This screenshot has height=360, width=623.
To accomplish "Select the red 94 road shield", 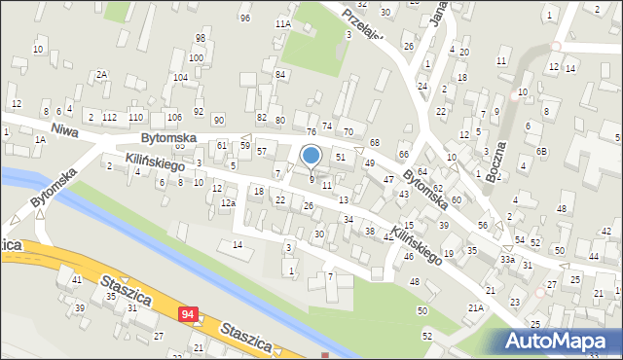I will (188, 314).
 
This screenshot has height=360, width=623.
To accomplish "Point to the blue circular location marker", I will (311, 155).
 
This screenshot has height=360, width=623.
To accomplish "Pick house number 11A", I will (283, 23).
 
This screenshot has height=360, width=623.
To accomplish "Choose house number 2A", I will (101, 74).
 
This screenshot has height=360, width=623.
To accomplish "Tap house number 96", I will (244, 18).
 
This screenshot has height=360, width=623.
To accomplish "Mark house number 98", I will (200, 38).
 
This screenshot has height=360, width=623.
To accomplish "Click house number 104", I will (180, 77).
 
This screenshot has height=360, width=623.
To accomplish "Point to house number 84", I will (279, 74).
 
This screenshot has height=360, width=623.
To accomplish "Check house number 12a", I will (228, 202).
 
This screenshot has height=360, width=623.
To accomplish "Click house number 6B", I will (543, 151).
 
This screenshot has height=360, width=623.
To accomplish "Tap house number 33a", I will (507, 260).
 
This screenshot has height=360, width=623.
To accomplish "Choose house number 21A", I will (475, 307).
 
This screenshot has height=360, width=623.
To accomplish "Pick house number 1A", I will (40, 139).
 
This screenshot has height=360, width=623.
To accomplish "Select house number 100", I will (196, 57).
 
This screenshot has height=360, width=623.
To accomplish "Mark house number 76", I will (311, 131).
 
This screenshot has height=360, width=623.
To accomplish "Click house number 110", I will (135, 117).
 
